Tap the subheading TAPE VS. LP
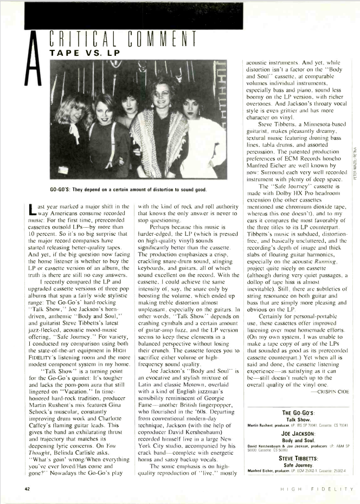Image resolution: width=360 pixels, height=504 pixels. (88, 54)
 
